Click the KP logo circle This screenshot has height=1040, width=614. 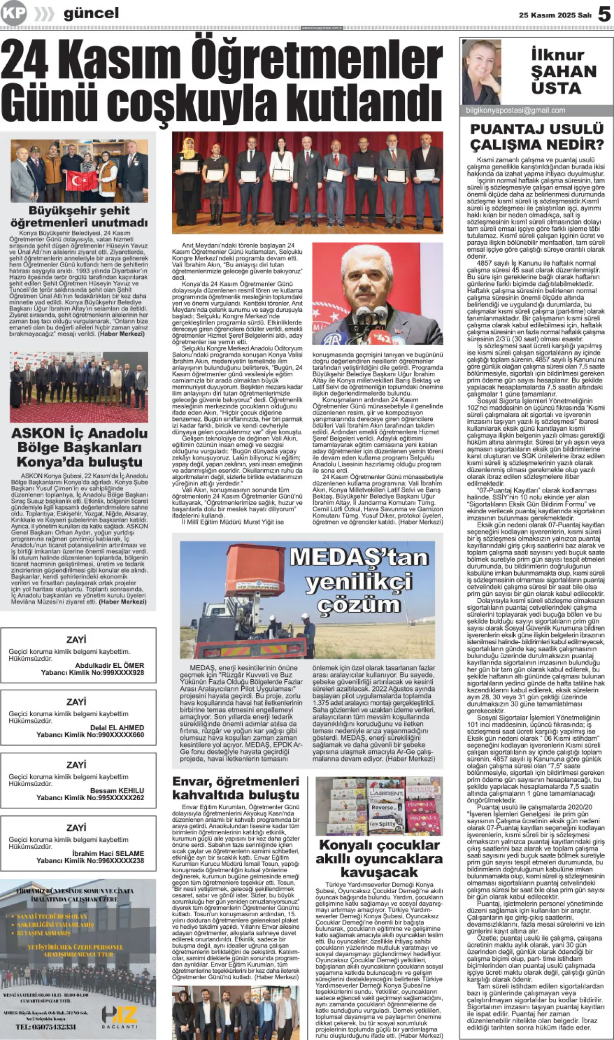tap(13, 13)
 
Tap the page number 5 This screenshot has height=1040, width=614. tap(604, 14)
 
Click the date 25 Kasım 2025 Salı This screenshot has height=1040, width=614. tap(555, 15)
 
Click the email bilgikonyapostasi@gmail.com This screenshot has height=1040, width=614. tap(515, 110)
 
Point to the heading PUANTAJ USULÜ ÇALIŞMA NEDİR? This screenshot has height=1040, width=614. tap(537, 137)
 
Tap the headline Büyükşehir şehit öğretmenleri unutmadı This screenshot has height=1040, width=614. tap(79, 216)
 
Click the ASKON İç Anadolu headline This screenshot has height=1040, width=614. tap(79, 447)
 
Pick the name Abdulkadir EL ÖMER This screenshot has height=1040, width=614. tap(109, 665)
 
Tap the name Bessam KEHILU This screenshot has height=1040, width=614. tap(117, 791)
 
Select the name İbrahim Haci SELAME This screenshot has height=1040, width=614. tap(108, 853)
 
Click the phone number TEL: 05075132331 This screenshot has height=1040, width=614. tap(46, 1027)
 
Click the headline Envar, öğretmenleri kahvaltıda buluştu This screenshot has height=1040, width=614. tap(236, 788)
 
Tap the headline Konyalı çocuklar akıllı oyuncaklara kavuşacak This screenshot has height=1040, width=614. tap(379, 858)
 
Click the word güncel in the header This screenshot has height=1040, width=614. tap(91, 13)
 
